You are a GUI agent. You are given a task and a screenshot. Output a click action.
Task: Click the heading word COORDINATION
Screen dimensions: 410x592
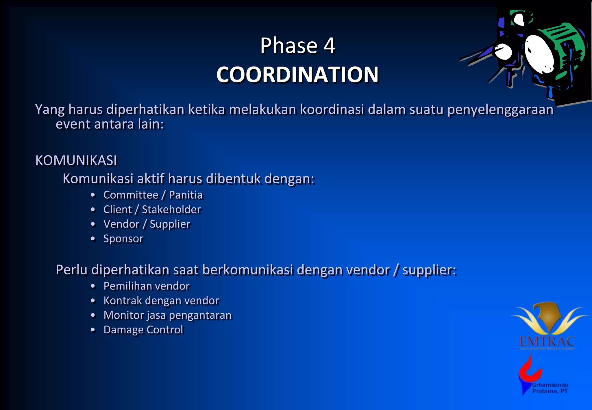(297, 75)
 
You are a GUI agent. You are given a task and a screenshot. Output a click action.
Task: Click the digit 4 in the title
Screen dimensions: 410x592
(329, 46)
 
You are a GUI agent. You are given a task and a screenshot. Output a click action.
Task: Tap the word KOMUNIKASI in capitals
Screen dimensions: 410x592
(76, 160)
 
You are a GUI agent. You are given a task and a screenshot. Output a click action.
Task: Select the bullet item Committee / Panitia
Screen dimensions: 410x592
(153, 195)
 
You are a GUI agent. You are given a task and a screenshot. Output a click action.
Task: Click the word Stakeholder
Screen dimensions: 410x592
(171, 210)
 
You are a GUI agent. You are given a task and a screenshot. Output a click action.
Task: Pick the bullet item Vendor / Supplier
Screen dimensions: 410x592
(147, 224)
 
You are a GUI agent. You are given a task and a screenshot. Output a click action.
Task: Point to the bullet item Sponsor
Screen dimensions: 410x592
(123, 239)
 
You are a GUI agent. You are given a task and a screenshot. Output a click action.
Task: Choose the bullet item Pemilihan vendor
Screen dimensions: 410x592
(147, 286)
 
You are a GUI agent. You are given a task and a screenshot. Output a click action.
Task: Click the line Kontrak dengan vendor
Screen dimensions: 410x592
(161, 301)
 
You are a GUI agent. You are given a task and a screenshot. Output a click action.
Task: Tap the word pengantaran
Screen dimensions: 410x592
(200, 315)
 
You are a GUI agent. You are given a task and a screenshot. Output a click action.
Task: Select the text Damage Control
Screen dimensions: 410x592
(143, 330)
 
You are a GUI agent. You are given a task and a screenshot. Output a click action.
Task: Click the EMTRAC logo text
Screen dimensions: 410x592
(547, 342)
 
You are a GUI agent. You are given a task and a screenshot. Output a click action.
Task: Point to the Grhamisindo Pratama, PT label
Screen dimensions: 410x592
(550, 388)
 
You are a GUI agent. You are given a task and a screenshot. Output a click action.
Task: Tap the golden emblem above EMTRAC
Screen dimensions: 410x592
(549, 317)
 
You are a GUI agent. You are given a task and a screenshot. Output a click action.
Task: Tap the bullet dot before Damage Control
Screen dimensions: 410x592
(93, 330)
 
